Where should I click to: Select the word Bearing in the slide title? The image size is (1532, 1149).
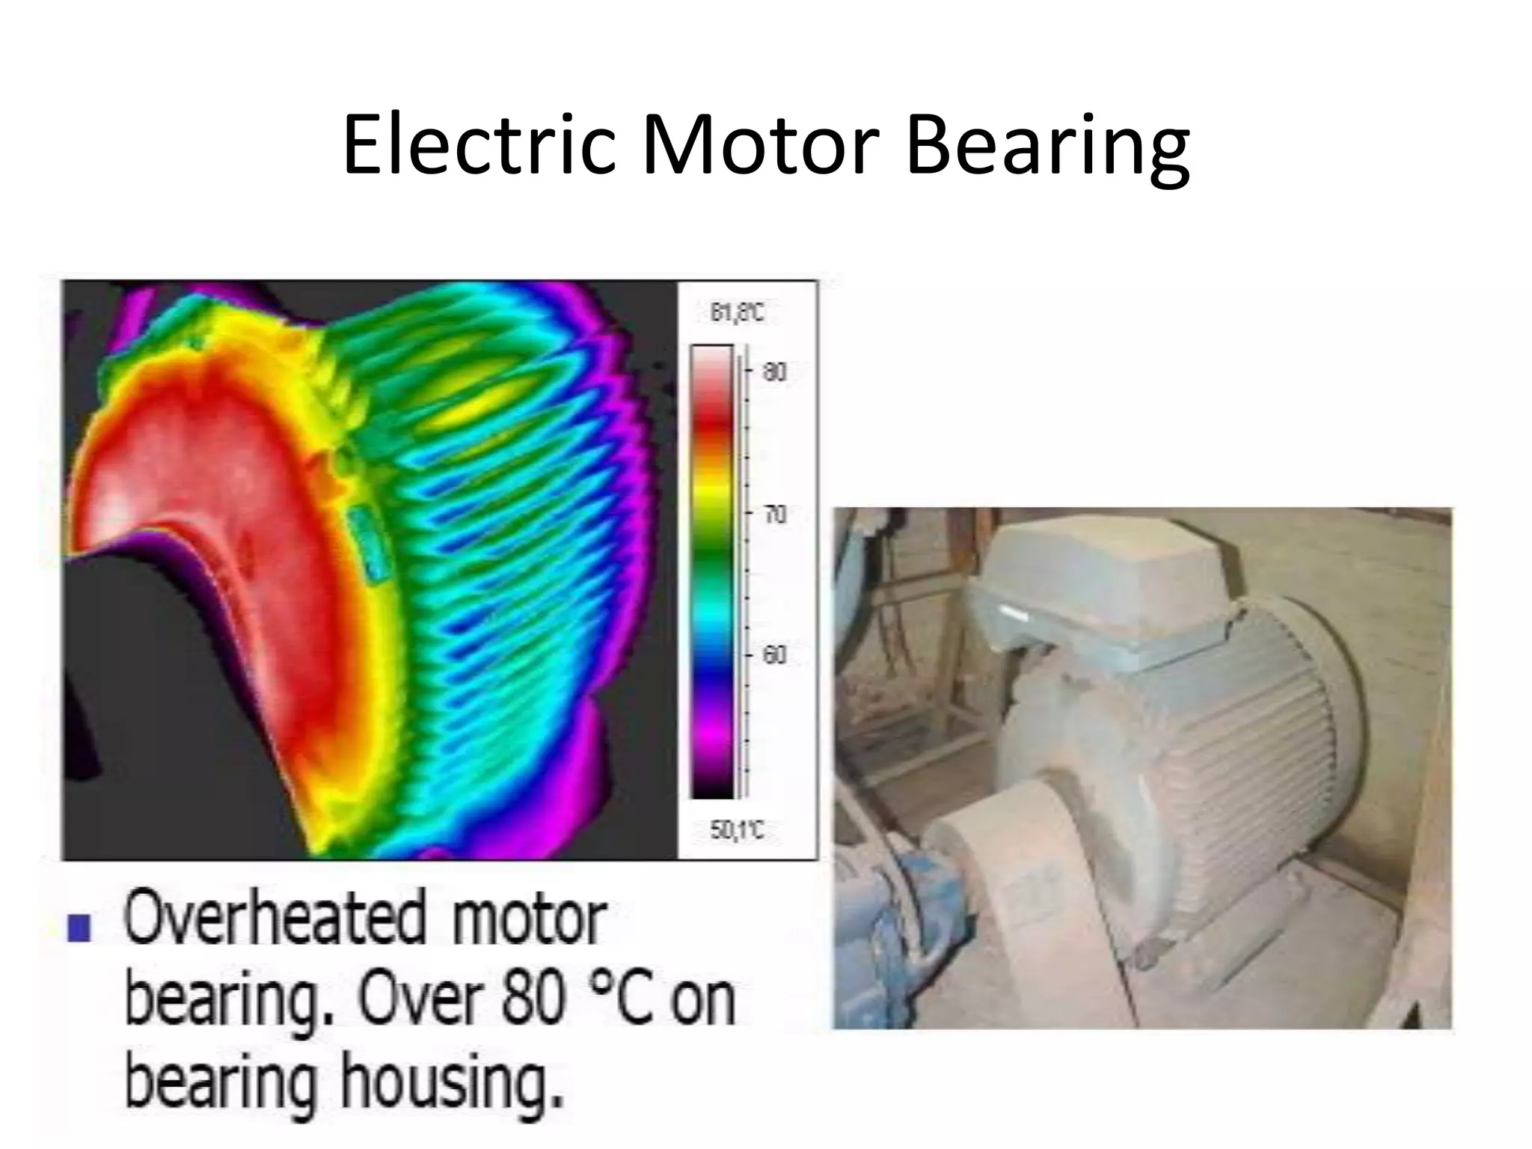click(1047, 147)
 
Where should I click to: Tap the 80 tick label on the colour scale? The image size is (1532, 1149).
click(775, 371)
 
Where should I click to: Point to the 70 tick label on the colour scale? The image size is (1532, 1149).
click(775, 514)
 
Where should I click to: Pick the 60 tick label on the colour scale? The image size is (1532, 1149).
click(775, 655)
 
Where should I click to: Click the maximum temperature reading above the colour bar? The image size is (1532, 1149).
click(737, 313)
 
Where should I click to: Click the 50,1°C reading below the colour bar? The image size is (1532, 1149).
click(737, 830)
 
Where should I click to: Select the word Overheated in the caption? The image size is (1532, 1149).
click(275, 920)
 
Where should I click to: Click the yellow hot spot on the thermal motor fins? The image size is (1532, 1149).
click(464, 404)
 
